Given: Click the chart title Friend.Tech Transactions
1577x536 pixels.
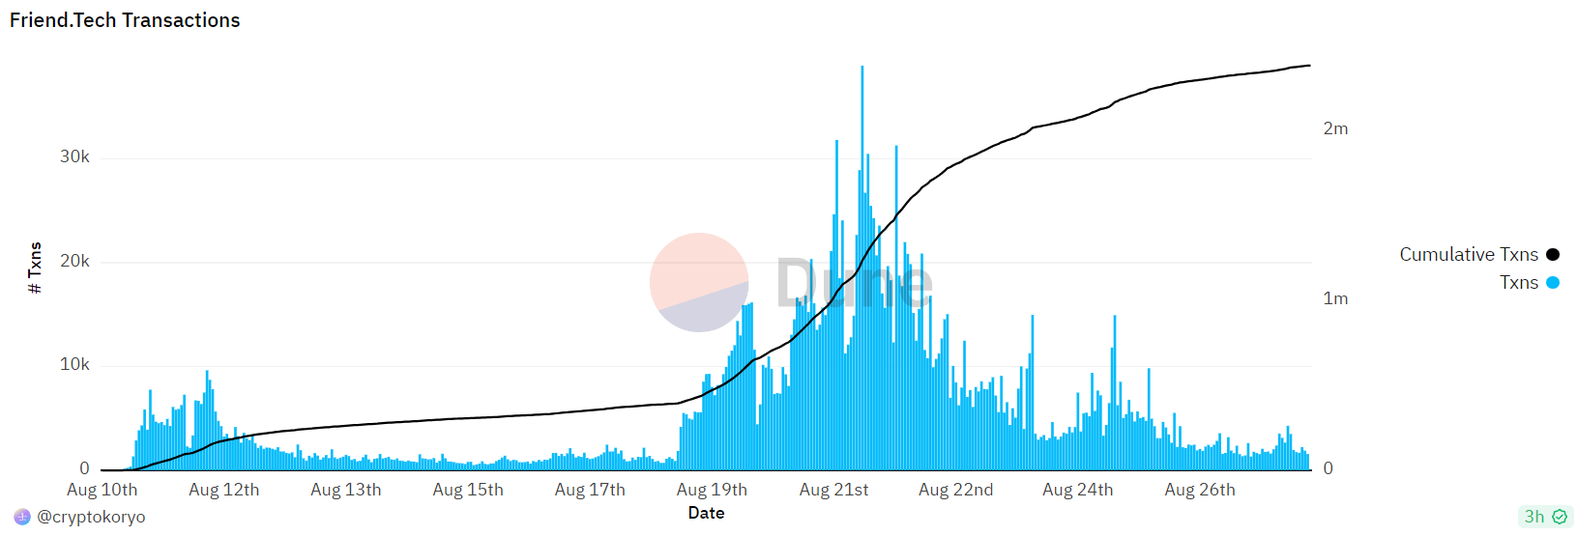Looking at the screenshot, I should pyautogui.click(x=125, y=20).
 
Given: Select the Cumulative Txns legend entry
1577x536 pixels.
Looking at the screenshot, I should pyautogui.click(x=1468, y=255).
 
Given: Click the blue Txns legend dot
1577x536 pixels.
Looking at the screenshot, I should pyautogui.click(x=1552, y=283).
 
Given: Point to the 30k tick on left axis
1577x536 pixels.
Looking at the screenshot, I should pyautogui.click(x=74, y=156).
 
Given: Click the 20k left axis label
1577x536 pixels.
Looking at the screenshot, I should pyautogui.click(x=74, y=261).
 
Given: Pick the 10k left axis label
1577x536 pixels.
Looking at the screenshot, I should pyautogui.click(x=74, y=364).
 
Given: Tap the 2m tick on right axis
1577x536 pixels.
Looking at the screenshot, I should pyautogui.click(x=1335, y=128).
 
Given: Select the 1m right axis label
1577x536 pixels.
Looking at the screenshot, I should pyautogui.click(x=1335, y=298).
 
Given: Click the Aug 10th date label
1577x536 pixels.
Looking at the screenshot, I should pyautogui.click(x=102, y=490).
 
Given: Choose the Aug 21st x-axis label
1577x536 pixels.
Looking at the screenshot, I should pyautogui.click(x=833, y=490).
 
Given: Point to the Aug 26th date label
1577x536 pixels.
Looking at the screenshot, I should pyautogui.click(x=1199, y=490).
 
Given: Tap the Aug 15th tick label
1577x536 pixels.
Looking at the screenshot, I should pyautogui.click(x=468, y=490).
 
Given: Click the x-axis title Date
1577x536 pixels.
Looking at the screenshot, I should pyautogui.click(x=706, y=513).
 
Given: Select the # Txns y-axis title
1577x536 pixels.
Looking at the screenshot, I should pyautogui.click(x=35, y=268).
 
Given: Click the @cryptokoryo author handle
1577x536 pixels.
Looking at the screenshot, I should pyautogui.click(x=91, y=517).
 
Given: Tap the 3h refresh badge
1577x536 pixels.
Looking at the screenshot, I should pyautogui.click(x=1545, y=517).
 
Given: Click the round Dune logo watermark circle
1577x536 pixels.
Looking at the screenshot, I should pyautogui.click(x=699, y=282).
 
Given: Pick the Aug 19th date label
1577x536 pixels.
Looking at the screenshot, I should pyautogui.click(x=712, y=490).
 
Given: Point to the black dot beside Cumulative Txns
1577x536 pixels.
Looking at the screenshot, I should pyautogui.click(x=1552, y=255).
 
